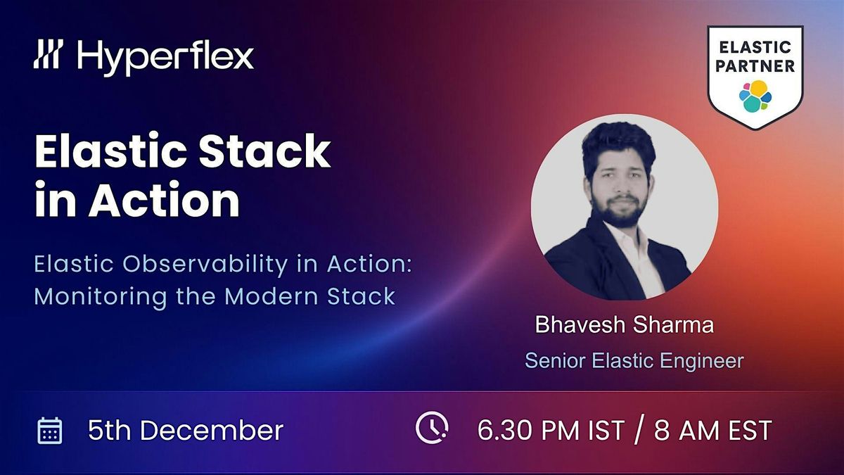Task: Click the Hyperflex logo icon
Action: click(49, 55)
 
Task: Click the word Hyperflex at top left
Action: click(166, 56)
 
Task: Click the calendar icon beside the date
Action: click(50, 430)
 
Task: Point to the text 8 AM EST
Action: click(712, 430)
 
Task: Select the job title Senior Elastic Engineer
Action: click(634, 361)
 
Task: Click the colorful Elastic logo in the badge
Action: click(756, 96)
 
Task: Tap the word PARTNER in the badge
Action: click(756, 66)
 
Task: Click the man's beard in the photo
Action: click(619, 208)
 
